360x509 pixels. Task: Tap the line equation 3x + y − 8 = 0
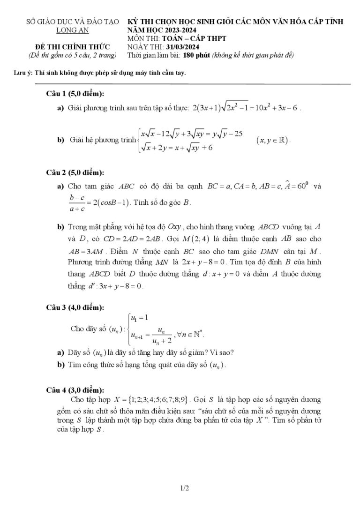[119, 285]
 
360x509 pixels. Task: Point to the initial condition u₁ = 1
[139, 318]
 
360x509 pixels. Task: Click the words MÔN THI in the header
[143, 38]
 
